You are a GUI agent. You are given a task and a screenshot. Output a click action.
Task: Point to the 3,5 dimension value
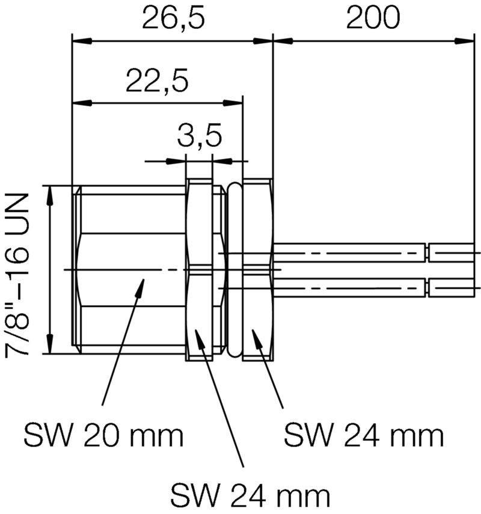(199, 136)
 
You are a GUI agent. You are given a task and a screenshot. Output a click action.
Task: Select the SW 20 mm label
(103, 435)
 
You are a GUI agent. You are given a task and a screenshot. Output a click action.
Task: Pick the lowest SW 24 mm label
(251, 496)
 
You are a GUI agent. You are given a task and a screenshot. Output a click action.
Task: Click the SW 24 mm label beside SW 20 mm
(364, 435)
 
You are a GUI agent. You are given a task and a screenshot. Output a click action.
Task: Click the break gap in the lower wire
(428, 287)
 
